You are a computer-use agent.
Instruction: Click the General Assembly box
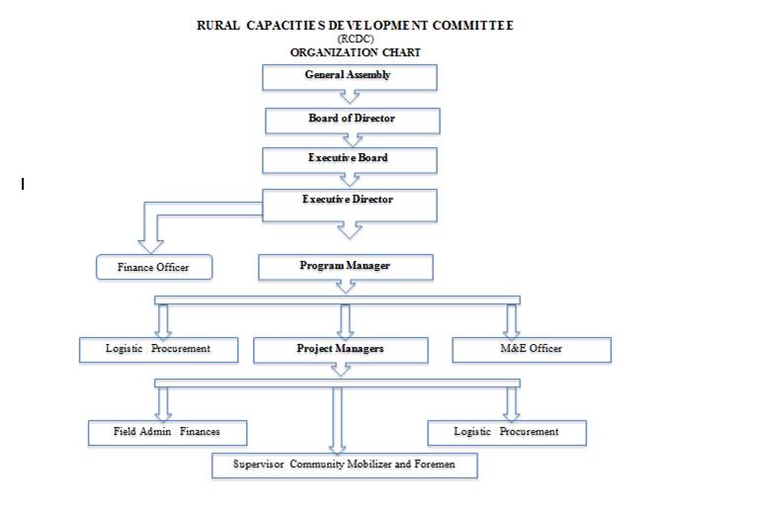[x=348, y=77]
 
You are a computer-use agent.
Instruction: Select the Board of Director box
[x=352, y=121]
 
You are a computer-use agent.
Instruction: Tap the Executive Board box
[x=348, y=159]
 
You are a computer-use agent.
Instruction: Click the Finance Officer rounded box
[x=154, y=267]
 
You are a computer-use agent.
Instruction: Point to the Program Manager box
[x=345, y=267]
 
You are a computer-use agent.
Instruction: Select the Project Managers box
[x=340, y=350]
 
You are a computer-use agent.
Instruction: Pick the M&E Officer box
[x=531, y=350]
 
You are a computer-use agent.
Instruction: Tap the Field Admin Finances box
[x=166, y=432]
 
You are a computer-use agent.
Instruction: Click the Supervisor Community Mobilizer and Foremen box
[x=344, y=465]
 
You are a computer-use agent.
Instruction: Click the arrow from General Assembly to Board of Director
[x=349, y=97]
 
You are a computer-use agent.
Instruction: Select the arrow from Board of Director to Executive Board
[x=349, y=139]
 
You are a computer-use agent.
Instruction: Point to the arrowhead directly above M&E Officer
[x=511, y=326]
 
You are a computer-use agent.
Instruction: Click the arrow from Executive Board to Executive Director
[x=349, y=180]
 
